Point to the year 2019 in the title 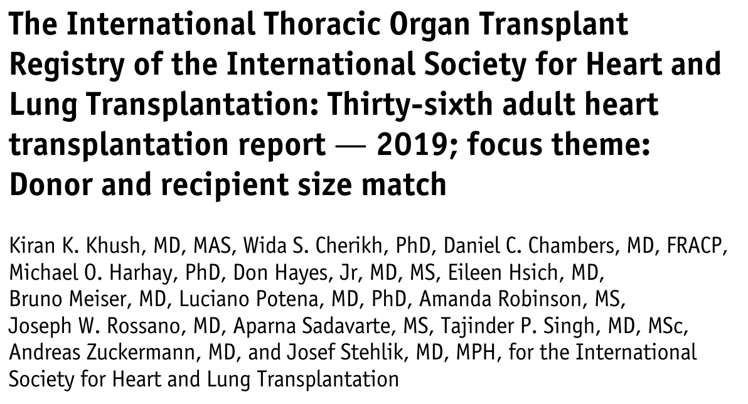[408, 146]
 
